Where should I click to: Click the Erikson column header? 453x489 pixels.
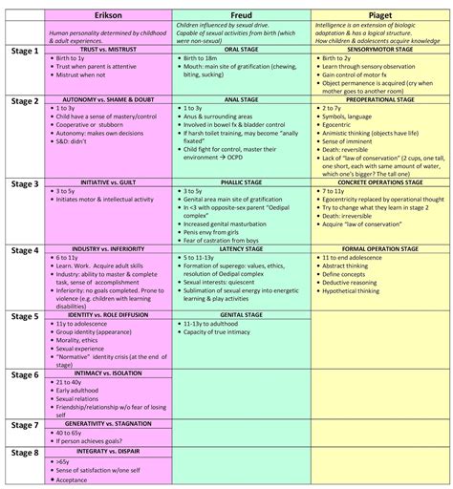click(x=106, y=15)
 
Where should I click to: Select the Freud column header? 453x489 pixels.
click(x=243, y=15)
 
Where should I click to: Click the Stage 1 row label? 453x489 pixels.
click(x=25, y=51)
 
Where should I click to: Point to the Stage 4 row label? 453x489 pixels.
click(x=25, y=250)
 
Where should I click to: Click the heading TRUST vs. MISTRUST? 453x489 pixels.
click(x=105, y=49)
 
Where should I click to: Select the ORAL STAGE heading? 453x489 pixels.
click(x=242, y=49)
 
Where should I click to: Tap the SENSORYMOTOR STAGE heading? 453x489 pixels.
click(x=379, y=49)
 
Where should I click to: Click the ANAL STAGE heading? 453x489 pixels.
click(x=242, y=98)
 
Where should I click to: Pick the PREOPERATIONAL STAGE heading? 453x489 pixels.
click(x=379, y=98)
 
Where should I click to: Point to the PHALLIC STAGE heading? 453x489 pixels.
click(x=242, y=181)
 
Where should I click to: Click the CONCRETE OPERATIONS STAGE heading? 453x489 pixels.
click(x=379, y=181)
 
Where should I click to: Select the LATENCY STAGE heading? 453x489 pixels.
click(x=242, y=248)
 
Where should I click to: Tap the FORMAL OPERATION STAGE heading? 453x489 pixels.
click(x=379, y=248)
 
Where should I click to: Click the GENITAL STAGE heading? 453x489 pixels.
click(x=242, y=314)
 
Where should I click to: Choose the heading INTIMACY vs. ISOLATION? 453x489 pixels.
click(x=105, y=372)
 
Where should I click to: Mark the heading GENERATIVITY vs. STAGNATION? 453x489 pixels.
click(x=105, y=422)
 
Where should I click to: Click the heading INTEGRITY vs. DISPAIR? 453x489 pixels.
click(x=105, y=452)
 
